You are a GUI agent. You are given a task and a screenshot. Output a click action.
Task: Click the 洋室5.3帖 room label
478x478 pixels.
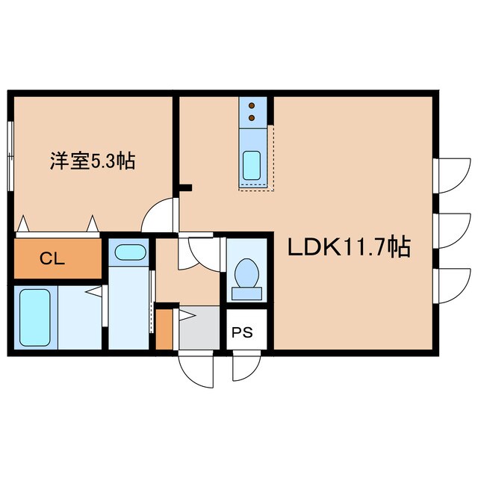93,160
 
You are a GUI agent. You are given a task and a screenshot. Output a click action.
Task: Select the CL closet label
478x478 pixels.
52,259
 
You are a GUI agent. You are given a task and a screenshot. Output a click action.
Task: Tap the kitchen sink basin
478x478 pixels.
252,164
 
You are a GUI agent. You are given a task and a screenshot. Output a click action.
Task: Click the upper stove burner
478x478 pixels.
252,105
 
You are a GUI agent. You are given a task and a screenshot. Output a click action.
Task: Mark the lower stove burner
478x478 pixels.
252,117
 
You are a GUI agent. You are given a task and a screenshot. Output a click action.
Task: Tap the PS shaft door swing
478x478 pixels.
243,366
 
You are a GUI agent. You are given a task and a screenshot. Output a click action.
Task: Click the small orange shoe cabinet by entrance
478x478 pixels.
164,329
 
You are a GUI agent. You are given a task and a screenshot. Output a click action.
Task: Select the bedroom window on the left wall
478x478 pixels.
10,157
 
